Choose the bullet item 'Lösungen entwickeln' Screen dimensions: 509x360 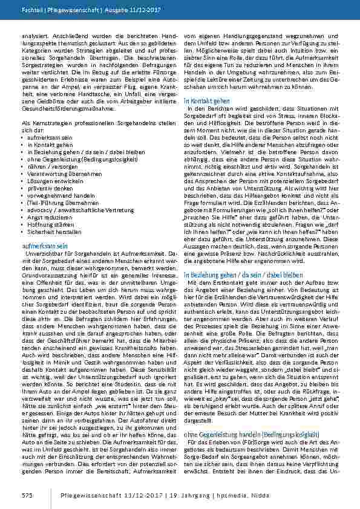[49, 180]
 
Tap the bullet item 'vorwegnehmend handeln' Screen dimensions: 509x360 [54, 193]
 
